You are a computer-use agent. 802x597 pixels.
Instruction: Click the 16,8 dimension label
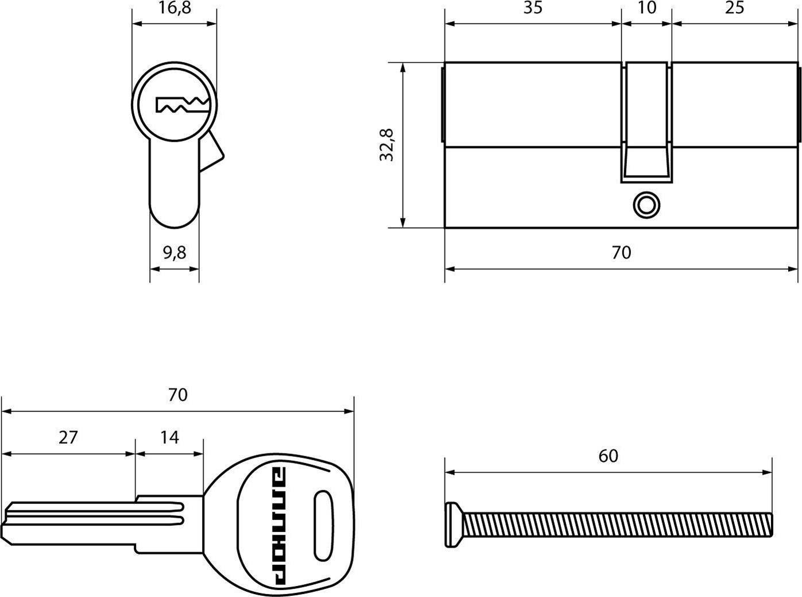pyautogui.click(x=175, y=8)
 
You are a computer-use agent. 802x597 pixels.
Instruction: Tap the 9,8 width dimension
pyautogui.click(x=175, y=253)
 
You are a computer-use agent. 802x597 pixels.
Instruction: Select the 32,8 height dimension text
pyautogui.click(x=386, y=145)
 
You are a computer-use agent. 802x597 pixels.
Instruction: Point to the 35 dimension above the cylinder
pyautogui.click(x=533, y=7)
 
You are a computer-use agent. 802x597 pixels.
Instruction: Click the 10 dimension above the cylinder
pyautogui.click(x=646, y=7)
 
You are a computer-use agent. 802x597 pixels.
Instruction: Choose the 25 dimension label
pyautogui.click(x=734, y=7)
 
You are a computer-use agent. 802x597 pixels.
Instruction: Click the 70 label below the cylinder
pyautogui.click(x=621, y=252)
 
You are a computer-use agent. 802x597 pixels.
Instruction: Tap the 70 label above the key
pyautogui.click(x=178, y=395)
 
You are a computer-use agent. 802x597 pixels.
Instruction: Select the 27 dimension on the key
pyautogui.click(x=68, y=437)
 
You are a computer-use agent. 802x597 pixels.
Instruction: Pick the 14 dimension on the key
pyautogui.click(x=169, y=437)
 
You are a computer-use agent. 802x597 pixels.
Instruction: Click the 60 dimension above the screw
pyautogui.click(x=608, y=456)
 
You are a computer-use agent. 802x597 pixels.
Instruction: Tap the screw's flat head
pyautogui.click(x=453, y=525)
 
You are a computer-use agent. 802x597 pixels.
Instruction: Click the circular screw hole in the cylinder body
pyautogui.click(x=646, y=205)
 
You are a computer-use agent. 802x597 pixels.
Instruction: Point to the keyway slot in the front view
pyautogui.click(x=183, y=105)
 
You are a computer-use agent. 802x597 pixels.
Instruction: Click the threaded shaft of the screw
pyautogui.click(x=618, y=525)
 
